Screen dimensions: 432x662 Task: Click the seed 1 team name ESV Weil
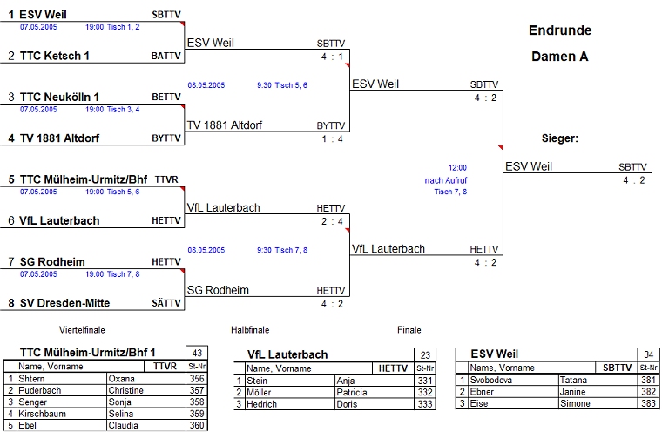tap(42, 15)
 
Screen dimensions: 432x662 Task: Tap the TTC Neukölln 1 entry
tap(59, 97)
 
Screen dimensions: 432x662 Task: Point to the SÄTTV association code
tap(166, 303)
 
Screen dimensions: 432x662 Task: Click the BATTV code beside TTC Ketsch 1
tap(166, 56)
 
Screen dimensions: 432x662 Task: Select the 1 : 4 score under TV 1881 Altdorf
tap(331, 138)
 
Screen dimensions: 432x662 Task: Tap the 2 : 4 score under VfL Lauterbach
tap(331, 221)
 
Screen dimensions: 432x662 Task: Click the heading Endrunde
tap(560, 30)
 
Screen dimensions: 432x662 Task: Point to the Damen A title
tap(560, 57)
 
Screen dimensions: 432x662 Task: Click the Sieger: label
tap(560, 138)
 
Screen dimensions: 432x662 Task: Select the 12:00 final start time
tap(457, 167)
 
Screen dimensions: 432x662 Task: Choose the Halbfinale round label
tap(250, 330)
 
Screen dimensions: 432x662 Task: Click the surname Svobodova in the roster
tap(492, 380)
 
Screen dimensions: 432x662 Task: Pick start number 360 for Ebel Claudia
tap(197, 425)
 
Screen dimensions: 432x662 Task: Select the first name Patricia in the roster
tap(355, 392)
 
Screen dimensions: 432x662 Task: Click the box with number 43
tap(197, 353)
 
